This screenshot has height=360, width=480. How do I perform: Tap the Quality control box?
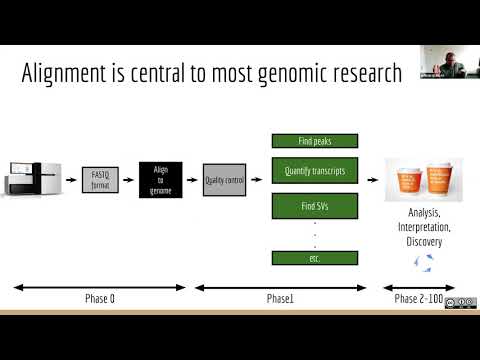click(x=223, y=181)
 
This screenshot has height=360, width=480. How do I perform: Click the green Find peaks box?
click(x=315, y=141)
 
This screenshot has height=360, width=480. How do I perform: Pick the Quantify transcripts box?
click(x=315, y=171)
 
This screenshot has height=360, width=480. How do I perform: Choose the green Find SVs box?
click(x=315, y=207)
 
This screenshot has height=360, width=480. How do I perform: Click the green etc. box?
click(x=315, y=258)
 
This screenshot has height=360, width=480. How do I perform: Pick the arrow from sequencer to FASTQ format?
click(x=69, y=181)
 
